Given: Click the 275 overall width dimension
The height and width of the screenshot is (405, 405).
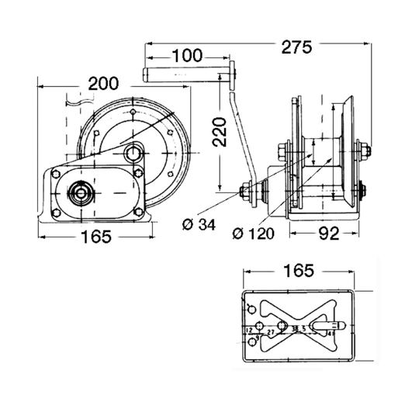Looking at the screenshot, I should (x=296, y=47).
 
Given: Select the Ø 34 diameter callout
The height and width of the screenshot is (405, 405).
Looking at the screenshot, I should (x=197, y=226).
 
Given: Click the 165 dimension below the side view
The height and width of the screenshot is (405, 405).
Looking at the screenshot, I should (x=96, y=237).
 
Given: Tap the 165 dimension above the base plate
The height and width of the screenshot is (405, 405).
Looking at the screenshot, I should (x=298, y=271).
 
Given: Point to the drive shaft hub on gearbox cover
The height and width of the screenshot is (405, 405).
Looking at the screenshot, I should (x=81, y=191).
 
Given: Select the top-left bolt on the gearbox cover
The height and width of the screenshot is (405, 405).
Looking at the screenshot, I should (x=57, y=175).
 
